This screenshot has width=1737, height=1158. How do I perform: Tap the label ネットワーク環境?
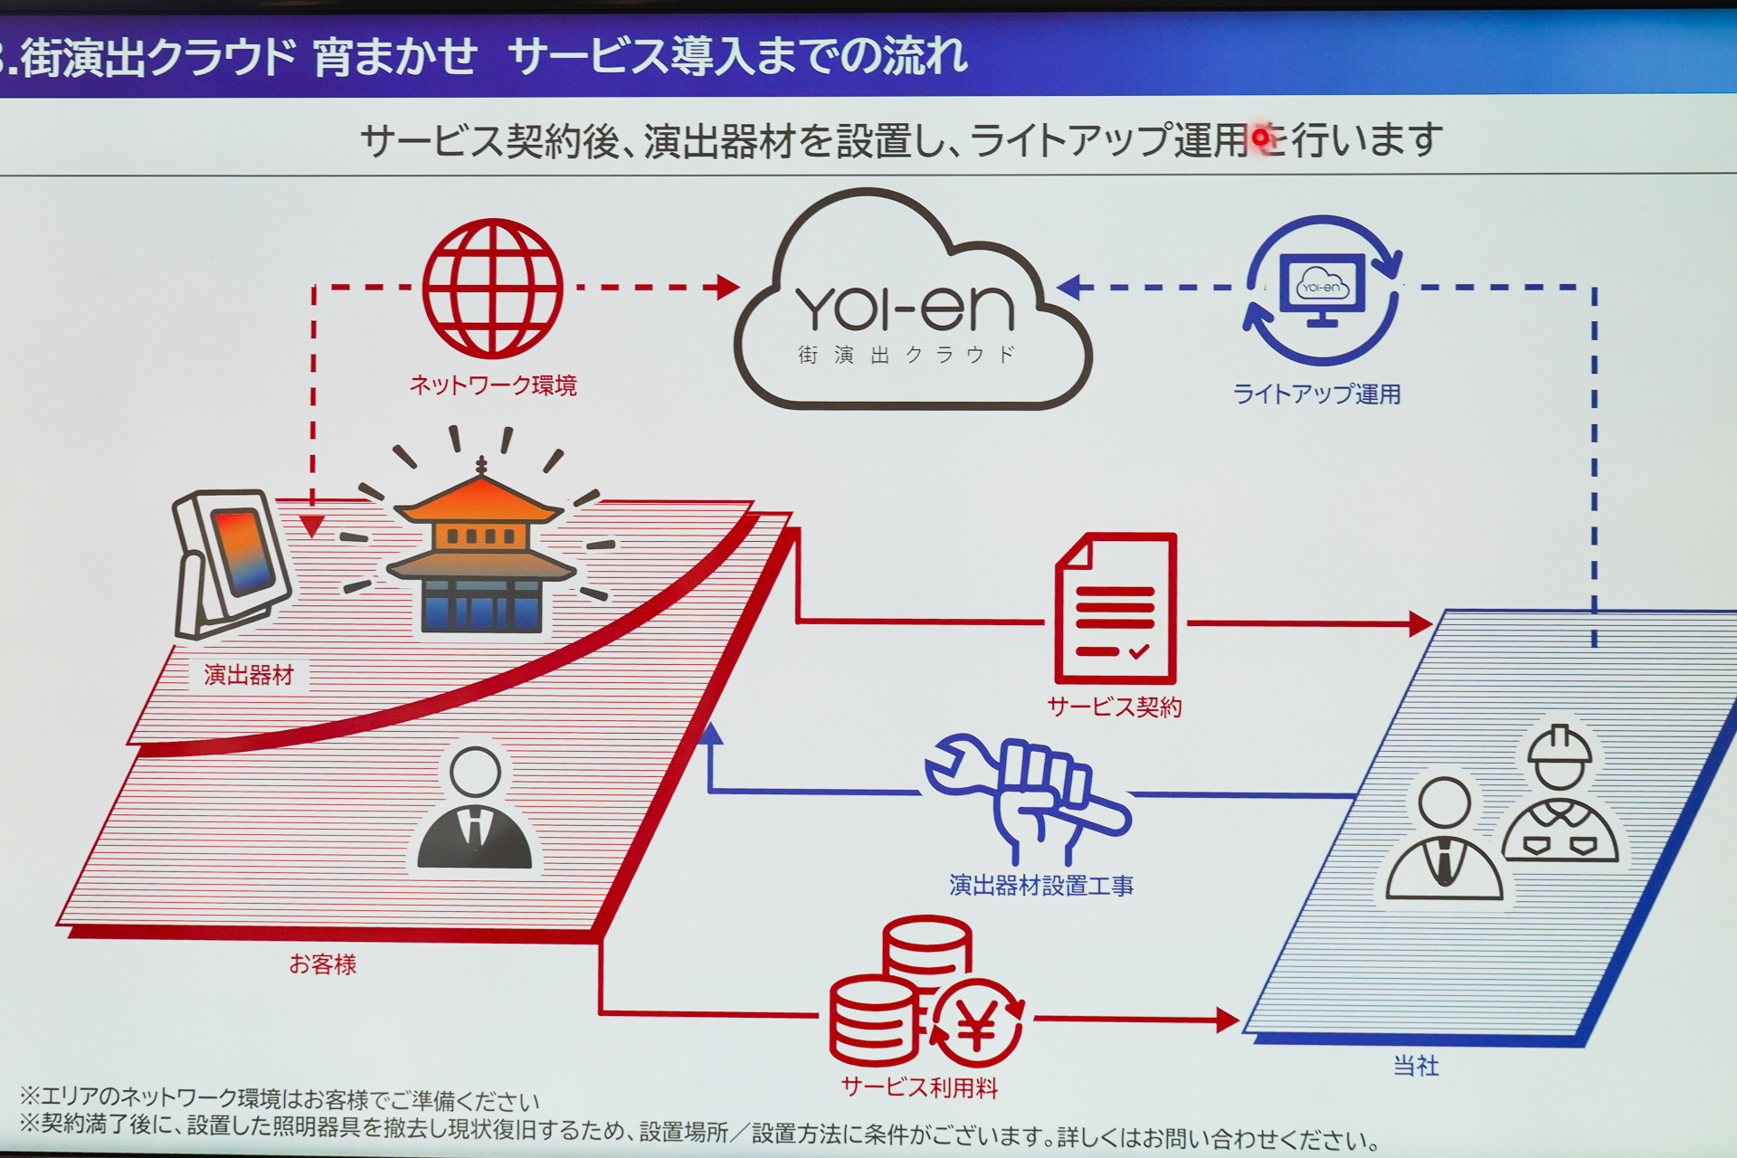[x=493, y=385]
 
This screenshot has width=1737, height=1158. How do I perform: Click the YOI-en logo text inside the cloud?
[x=905, y=309]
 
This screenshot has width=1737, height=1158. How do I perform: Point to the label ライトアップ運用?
[x=1316, y=394]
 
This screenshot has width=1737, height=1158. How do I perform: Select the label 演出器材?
[x=249, y=675]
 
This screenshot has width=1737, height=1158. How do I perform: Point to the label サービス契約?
[x=1115, y=707]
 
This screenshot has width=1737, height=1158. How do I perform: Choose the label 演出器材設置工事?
[x=1040, y=885]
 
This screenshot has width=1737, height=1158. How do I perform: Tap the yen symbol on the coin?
[x=977, y=1025]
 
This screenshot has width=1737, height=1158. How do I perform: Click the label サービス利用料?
[x=919, y=1087]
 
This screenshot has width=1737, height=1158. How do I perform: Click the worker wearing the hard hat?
[x=1560, y=796]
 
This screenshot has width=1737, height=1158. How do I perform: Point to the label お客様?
[x=323, y=964]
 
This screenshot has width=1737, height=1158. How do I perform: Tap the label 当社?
[x=1416, y=1066]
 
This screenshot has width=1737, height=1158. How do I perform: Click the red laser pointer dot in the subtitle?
[x=1260, y=138]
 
